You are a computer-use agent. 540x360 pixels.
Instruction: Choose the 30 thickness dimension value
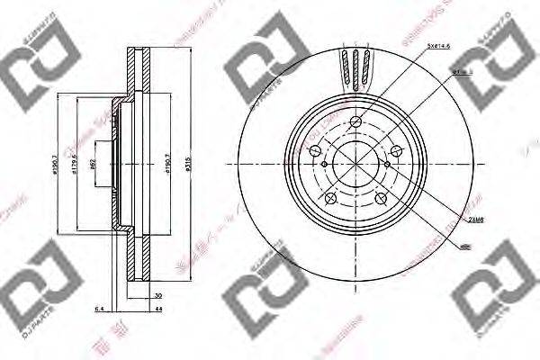click(x=157, y=293)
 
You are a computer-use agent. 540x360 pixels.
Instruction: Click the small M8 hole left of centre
click(x=323, y=165)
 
